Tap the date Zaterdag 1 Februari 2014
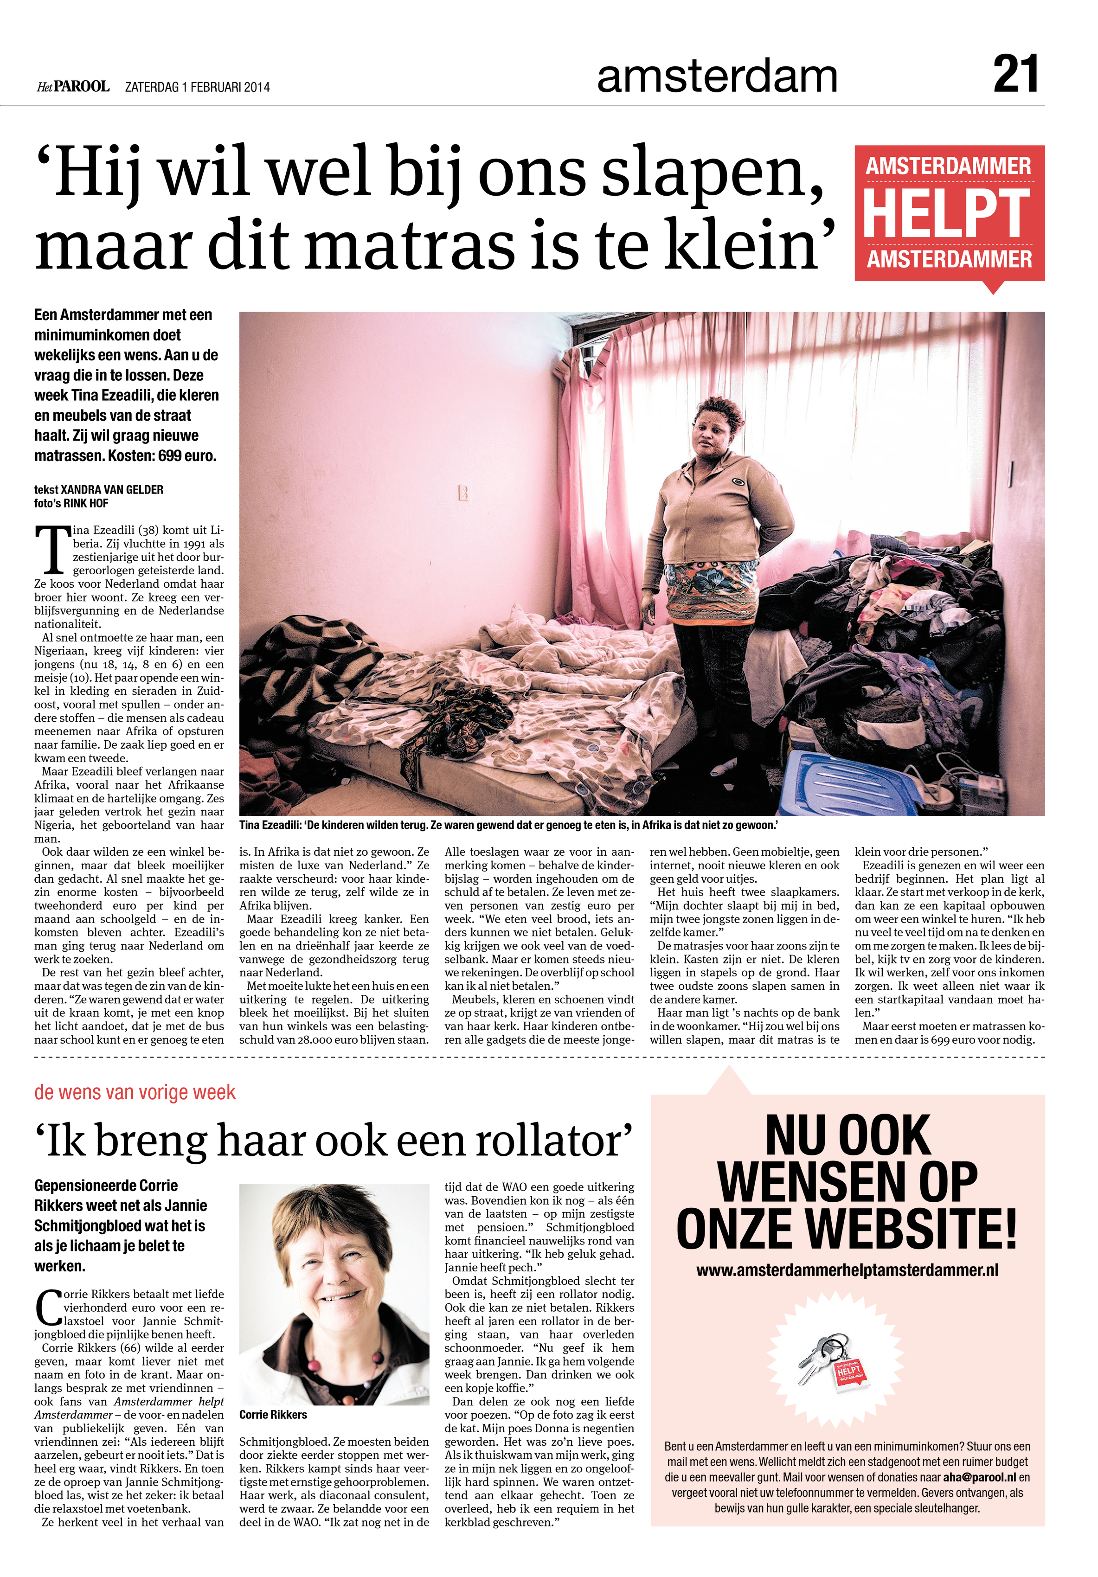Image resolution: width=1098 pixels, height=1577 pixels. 197,87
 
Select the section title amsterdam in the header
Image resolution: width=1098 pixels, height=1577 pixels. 717,77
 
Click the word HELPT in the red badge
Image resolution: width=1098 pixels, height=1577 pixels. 947,214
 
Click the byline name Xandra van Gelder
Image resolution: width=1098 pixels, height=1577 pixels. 112,490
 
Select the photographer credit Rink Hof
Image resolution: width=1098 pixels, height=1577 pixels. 86,503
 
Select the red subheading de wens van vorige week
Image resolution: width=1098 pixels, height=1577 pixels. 135,1092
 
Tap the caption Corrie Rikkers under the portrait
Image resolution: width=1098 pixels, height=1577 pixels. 273,1414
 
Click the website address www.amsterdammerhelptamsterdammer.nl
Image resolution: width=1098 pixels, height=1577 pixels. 847,1270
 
